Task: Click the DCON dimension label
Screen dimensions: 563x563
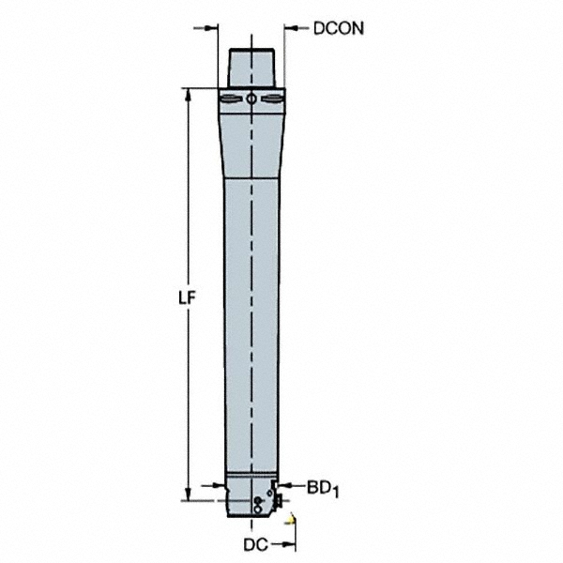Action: (x=339, y=28)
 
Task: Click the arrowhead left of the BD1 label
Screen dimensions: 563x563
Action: (x=288, y=486)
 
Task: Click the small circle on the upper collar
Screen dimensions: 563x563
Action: (x=252, y=99)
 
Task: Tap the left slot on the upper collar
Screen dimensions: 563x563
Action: (x=229, y=99)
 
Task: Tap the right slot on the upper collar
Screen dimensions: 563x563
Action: (x=273, y=99)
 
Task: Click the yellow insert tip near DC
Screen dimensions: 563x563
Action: (x=292, y=518)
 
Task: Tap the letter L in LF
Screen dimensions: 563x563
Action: (x=184, y=297)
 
